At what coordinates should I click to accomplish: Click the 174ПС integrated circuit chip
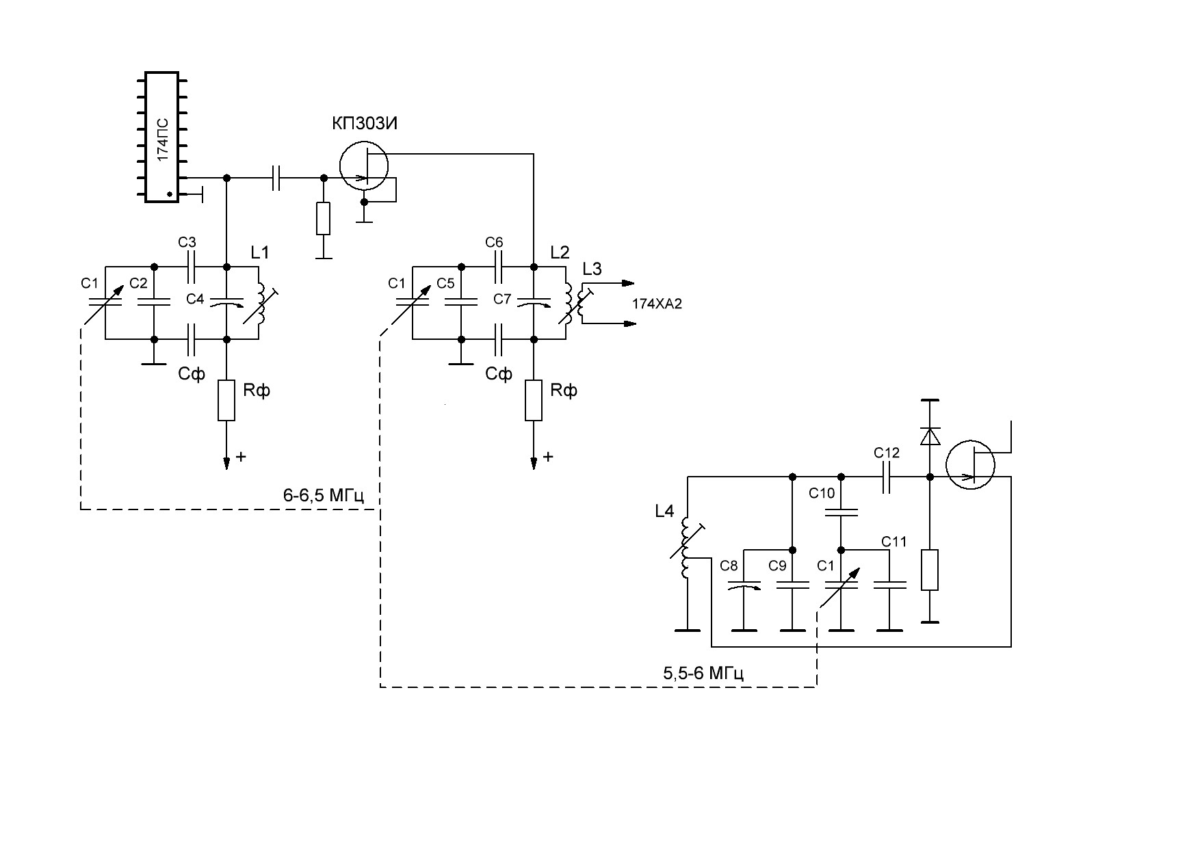(162, 137)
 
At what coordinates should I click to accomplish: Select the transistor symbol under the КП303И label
(364, 166)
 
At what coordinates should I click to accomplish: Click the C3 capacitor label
(187, 242)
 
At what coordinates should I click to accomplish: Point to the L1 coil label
(259, 252)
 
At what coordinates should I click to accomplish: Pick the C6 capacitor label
(494, 242)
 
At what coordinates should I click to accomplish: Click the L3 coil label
(592, 269)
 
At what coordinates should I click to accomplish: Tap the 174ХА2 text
(657, 305)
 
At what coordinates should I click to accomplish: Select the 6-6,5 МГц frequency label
(322, 495)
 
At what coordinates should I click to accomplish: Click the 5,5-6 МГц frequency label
(703, 673)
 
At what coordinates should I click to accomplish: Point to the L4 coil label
(664, 511)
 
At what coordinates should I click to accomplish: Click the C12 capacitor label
(887, 453)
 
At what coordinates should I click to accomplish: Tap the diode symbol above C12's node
(930, 435)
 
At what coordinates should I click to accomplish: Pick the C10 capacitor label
(822, 493)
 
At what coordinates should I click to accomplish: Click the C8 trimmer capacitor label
(729, 566)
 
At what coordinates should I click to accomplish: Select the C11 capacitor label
(894, 542)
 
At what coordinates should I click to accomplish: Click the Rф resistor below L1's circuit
(226, 401)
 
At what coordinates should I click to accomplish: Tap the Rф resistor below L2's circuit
(534, 401)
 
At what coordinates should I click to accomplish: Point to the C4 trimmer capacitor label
(196, 299)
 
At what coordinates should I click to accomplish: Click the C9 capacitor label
(778, 566)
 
